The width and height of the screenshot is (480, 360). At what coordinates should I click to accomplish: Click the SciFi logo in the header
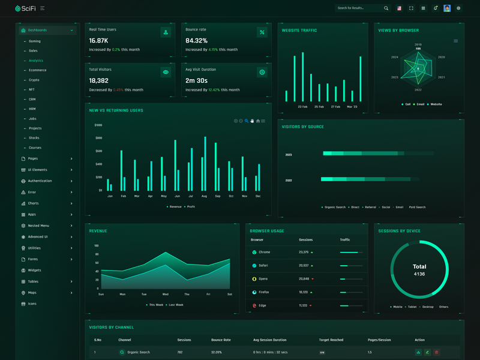(26, 8)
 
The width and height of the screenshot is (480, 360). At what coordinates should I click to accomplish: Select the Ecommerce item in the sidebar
(37, 70)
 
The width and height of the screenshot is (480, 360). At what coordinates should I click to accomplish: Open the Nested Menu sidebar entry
(38, 226)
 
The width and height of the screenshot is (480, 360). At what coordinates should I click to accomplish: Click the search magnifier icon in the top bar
(386, 8)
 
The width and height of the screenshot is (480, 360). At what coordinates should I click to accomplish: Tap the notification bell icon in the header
(435, 8)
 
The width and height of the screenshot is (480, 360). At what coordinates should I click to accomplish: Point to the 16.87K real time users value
(98, 41)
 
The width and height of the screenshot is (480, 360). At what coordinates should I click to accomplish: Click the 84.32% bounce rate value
(196, 41)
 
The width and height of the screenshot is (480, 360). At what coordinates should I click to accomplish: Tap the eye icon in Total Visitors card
(166, 72)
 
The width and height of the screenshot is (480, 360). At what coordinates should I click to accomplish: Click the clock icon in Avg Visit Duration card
(262, 72)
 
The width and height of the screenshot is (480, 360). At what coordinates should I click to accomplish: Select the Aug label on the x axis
(204, 196)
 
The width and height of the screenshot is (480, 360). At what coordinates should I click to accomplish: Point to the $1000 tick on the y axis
(98, 125)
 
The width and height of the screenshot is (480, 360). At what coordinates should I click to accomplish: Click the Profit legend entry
(191, 206)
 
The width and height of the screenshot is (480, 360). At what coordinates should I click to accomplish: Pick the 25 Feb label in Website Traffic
(319, 107)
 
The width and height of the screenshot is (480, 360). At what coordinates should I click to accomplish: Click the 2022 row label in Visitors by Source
(289, 180)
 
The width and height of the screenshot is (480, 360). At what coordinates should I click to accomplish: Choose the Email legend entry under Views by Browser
(420, 104)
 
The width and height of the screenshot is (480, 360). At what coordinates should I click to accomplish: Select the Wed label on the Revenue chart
(165, 294)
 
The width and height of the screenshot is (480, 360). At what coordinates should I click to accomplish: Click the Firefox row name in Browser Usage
(264, 292)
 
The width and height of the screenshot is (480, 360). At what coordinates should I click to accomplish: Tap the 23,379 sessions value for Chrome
(304, 252)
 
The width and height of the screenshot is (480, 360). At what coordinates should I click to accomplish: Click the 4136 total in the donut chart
(419, 274)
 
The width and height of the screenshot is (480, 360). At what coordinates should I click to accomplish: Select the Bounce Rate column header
(221, 340)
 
